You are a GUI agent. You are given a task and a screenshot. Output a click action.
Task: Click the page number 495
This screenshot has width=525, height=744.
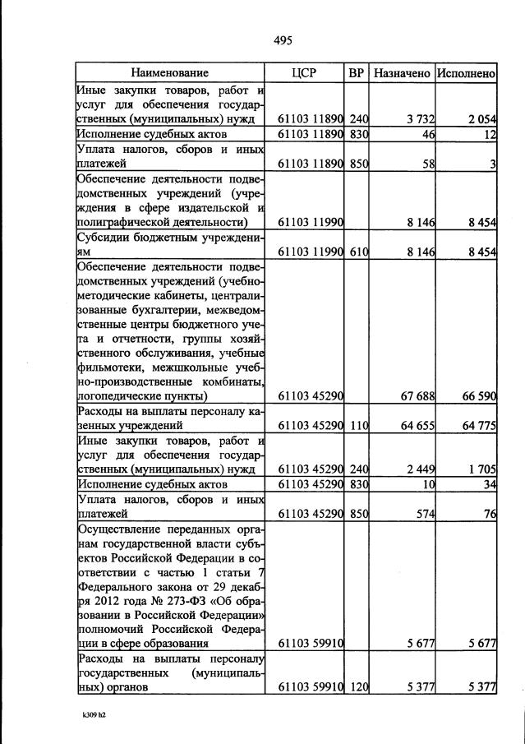coord(283,40)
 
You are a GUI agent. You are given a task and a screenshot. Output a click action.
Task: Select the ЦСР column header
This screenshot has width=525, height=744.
coord(304,73)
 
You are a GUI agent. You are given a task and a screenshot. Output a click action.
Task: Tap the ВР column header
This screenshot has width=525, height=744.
coord(357,73)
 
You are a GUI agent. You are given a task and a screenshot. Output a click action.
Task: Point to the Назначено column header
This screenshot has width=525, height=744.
coord(402,73)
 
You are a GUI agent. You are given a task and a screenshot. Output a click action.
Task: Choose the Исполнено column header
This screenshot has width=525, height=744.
coord(466,73)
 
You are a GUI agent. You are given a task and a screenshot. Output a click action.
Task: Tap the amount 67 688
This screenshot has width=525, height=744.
coord(417,396)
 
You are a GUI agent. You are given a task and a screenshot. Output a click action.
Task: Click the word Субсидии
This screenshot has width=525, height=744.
coord(101,238)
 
